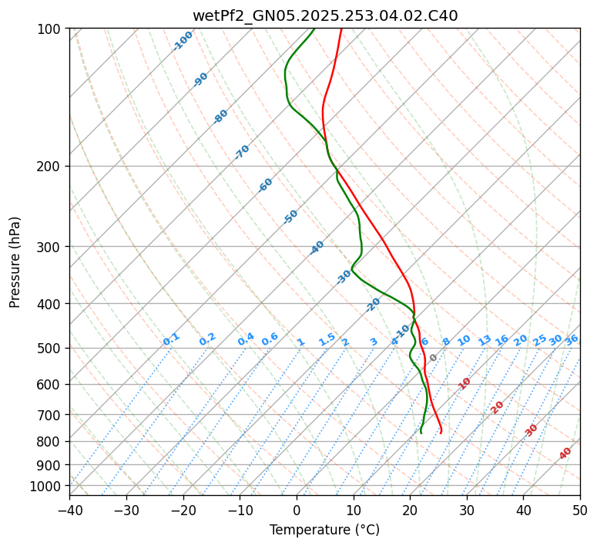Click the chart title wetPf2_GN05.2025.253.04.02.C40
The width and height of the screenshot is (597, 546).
point(324,16)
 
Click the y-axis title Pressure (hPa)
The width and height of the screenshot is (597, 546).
point(15,262)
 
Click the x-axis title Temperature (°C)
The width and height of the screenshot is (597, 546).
point(324,530)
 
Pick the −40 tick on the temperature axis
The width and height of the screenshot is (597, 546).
point(69,510)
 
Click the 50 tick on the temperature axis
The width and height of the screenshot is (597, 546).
point(580,510)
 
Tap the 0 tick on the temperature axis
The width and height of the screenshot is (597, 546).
point(297,510)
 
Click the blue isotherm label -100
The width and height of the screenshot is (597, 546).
point(183,40)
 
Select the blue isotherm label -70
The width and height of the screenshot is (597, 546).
point(242,152)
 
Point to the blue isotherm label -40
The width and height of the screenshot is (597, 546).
point(317,248)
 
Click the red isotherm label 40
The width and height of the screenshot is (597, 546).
point(565,453)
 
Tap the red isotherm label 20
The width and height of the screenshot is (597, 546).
point(498,406)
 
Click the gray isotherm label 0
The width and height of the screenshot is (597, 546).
point(434,358)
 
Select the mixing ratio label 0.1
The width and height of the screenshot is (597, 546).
point(171,339)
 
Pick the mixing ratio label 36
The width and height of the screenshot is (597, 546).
point(572,339)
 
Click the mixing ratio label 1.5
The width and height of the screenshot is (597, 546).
point(327,339)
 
